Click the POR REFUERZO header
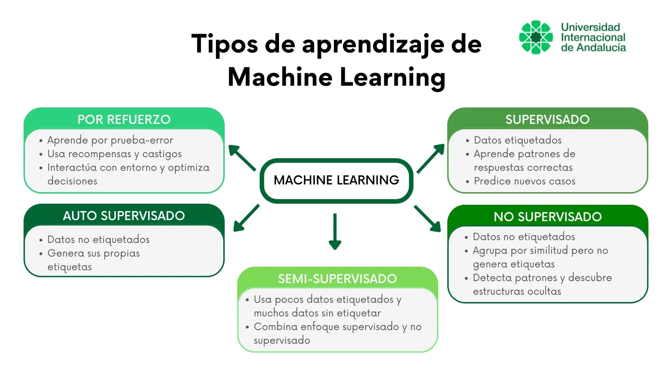(124, 119)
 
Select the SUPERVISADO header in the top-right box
(547, 119)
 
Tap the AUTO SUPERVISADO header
(124, 216)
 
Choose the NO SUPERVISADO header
(547, 217)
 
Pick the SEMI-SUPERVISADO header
(337, 279)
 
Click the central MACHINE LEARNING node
(336, 180)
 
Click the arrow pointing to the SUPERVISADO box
(431, 158)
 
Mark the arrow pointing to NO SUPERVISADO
(428, 219)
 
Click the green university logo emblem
(536, 37)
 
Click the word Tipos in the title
(224, 44)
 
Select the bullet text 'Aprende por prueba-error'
(110, 140)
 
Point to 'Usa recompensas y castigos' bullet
(114, 154)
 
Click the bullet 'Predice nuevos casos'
(524, 181)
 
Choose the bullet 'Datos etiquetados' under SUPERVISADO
(518, 140)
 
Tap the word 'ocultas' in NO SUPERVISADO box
(544, 291)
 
